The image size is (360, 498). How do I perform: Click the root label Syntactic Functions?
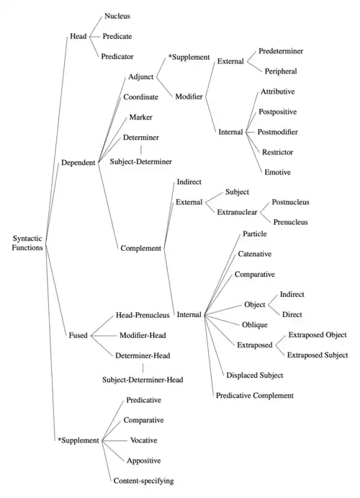(x=27, y=243)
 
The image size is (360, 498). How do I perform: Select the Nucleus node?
(x=117, y=16)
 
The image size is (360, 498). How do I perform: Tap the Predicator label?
(x=117, y=56)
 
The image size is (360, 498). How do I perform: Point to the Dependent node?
(x=78, y=163)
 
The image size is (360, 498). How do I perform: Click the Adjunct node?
(x=141, y=77)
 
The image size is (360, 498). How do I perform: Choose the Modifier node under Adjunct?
(x=189, y=97)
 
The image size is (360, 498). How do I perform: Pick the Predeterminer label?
(x=281, y=51)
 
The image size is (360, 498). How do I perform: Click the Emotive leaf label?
(x=277, y=172)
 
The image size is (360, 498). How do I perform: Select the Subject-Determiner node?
(x=141, y=161)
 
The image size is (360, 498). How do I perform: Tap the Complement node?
(x=141, y=249)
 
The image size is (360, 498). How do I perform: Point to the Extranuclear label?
(x=237, y=212)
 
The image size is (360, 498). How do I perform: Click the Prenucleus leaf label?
(x=291, y=222)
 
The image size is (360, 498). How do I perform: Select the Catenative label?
(x=255, y=254)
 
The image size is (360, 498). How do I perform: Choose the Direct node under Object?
(x=292, y=314)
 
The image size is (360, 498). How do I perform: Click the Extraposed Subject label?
(x=318, y=355)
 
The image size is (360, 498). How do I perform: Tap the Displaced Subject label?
(x=255, y=375)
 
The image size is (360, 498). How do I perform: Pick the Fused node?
(x=78, y=335)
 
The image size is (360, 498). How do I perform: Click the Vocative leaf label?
(x=144, y=440)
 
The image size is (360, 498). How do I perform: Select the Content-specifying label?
(x=144, y=481)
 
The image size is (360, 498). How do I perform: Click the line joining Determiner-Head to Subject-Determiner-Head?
(x=143, y=368)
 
